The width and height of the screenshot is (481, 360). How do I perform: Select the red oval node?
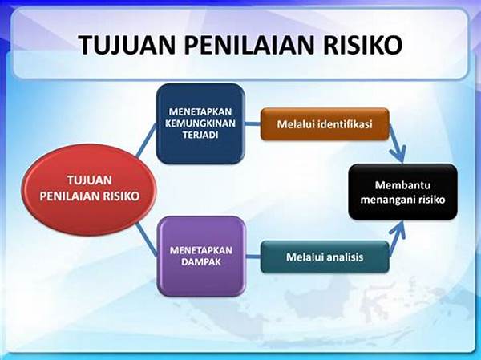pos(89,189)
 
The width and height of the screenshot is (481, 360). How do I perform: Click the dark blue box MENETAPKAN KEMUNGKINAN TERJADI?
pos(200,123)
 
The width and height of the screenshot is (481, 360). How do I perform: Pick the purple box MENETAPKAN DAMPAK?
pos(201,257)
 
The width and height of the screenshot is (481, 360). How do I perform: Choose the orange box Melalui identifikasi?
pos(325,124)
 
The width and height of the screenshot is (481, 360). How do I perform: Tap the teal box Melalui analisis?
pos(325,257)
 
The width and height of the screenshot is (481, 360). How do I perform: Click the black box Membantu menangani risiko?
pos(402,192)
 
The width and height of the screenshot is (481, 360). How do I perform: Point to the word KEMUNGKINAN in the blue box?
pos(200,123)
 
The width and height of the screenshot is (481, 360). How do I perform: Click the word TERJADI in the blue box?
pos(200,135)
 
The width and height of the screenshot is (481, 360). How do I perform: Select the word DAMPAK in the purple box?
pos(201,262)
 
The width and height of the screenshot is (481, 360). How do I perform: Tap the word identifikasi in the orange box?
pos(345,124)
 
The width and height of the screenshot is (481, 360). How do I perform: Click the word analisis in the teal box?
pos(345,257)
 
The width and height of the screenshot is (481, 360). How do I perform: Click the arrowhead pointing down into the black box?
pos(399,154)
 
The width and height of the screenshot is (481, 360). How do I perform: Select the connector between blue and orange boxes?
pos(253,124)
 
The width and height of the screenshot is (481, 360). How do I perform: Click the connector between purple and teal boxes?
pos(253,257)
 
